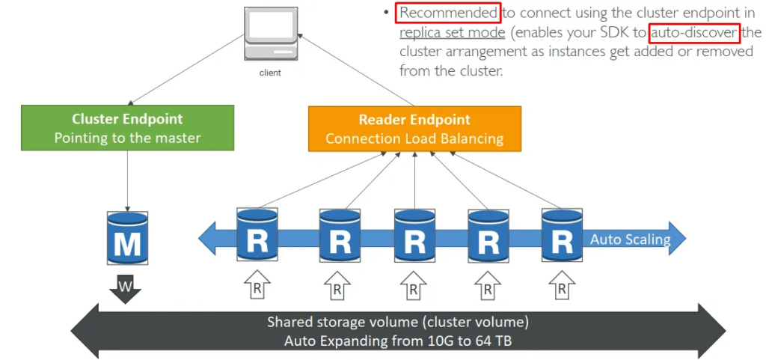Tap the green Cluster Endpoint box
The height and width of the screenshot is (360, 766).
[127, 128]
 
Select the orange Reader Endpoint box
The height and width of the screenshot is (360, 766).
[414, 129]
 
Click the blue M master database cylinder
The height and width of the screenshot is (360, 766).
[127, 238]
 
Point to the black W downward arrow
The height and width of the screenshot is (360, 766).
[125, 288]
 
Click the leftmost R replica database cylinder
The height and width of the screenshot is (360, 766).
[257, 234]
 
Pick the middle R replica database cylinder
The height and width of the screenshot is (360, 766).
[414, 234]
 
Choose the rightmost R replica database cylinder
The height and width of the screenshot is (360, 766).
[563, 234]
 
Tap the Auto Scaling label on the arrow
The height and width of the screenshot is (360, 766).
[630, 239]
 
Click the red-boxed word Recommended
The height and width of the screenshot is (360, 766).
[448, 13]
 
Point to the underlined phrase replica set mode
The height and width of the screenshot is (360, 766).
[453, 33]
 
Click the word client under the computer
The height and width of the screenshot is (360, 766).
[270, 73]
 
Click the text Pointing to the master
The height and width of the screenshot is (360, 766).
[127, 138]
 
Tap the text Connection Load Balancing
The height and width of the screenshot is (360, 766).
[414, 138]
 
